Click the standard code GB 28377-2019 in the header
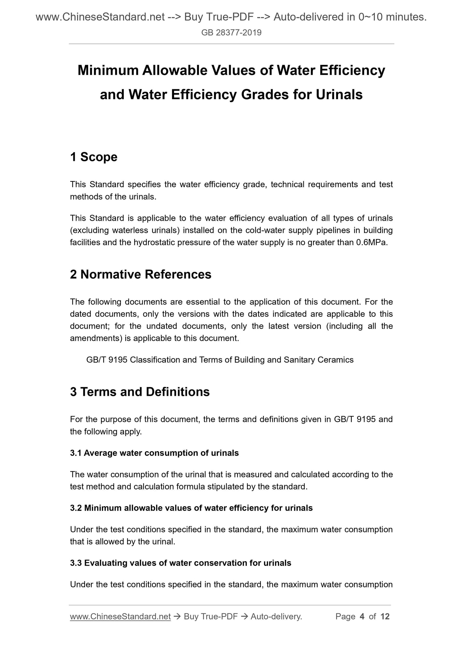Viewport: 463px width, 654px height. (x=231, y=32)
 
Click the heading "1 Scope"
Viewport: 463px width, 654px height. (x=94, y=157)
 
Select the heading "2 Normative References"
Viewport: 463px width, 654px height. (x=141, y=274)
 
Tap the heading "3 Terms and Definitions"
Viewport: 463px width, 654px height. (x=140, y=392)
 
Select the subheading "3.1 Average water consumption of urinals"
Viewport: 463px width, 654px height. (x=154, y=453)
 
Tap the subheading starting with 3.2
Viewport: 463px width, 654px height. (x=191, y=508)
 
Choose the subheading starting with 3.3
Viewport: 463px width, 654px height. (x=180, y=563)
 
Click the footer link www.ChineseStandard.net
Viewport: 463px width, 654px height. (x=120, y=616)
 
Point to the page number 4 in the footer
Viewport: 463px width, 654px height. (x=362, y=616)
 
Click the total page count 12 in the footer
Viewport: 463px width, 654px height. (x=385, y=616)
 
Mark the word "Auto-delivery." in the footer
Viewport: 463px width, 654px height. (x=277, y=616)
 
